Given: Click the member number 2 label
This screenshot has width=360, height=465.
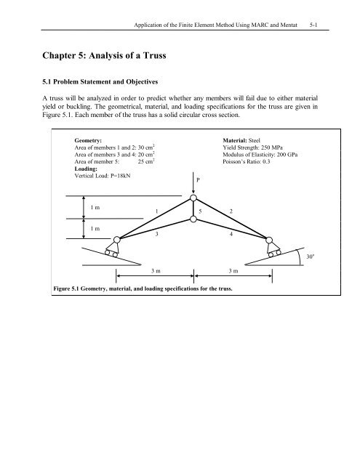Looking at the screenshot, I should point(231,211).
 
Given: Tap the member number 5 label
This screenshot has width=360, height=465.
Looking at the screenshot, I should point(200,211).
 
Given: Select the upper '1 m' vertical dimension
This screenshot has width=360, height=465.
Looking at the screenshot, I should point(95,207).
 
